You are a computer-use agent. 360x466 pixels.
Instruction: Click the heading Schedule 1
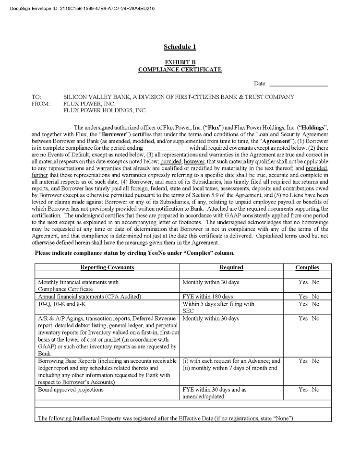pyautogui.click(x=180, y=47)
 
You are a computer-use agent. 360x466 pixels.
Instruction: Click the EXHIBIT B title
pyautogui.click(x=180, y=62)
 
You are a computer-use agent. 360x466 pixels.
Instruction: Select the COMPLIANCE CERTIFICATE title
pyautogui.click(x=180, y=70)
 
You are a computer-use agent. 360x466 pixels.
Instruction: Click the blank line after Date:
pyautogui.click(x=299, y=84)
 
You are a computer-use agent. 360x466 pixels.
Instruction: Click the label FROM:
pyautogui.click(x=40, y=104)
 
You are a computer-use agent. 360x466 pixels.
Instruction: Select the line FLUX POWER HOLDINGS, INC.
pyautogui.click(x=105, y=110)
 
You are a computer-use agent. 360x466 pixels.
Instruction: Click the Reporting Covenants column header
pyautogui.click(x=107, y=267)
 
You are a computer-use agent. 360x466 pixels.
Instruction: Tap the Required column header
pyautogui.click(x=231, y=267)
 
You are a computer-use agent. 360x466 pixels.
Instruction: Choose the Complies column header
pyautogui.click(x=307, y=267)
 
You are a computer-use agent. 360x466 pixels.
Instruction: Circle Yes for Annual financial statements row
pyautogui.click(x=303, y=297)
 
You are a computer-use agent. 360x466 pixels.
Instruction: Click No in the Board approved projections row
pyautogui.click(x=315, y=390)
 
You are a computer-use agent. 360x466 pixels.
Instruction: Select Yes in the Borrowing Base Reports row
pyautogui.click(x=303, y=361)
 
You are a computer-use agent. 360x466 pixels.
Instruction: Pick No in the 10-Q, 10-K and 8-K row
pyautogui.click(x=315, y=304)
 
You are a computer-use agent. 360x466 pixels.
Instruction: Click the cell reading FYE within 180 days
pyautogui.click(x=207, y=297)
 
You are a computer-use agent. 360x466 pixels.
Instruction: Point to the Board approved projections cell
pyautogui.click(x=71, y=390)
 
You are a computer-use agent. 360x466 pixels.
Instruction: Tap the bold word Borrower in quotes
pyautogui.click(x=111, y=134)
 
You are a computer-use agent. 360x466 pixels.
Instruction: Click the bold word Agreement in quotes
pyautogui.click(x=274, y=142)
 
